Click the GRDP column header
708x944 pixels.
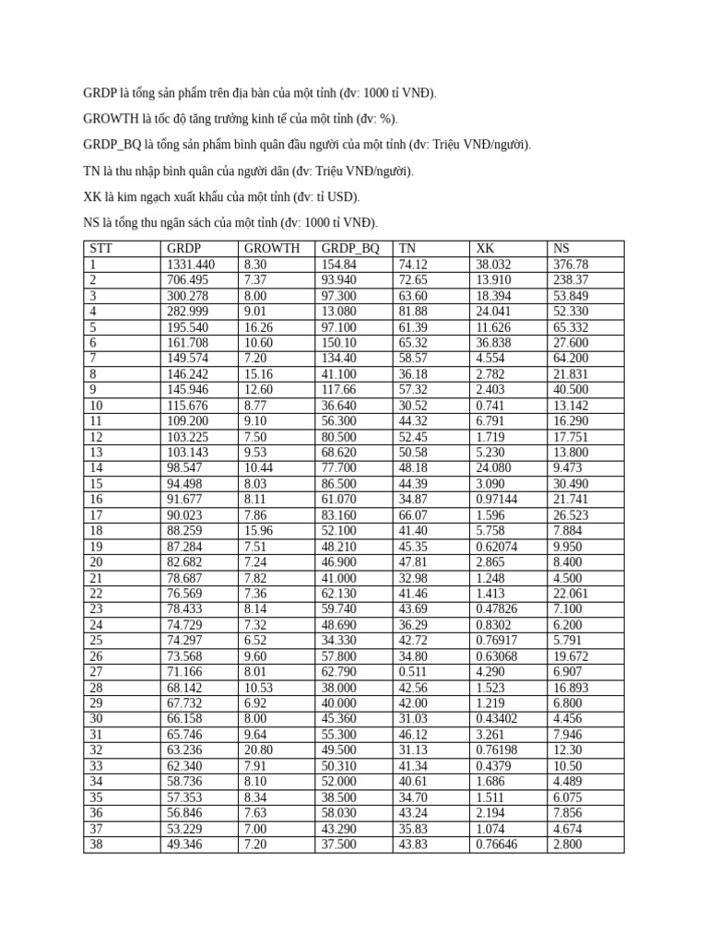pyautogui.click(x=184, y=248)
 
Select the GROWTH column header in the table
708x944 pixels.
pyautogui.click(x=272, y=248)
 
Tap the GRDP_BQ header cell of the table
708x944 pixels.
pyautogui.click(x=350, y=248)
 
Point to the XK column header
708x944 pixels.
pyautogui.click(x=485, y=248)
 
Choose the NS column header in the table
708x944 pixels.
pyautogui.click(x=561, y=248)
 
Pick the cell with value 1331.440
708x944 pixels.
pyautogui.click(x=191, y=264)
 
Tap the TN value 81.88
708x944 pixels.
pyautogui.click(x=414, y=311)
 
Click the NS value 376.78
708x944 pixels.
pyautogui.click(x=571, y=264)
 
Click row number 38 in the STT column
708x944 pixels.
pyautogui.click(x=97, y=844)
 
